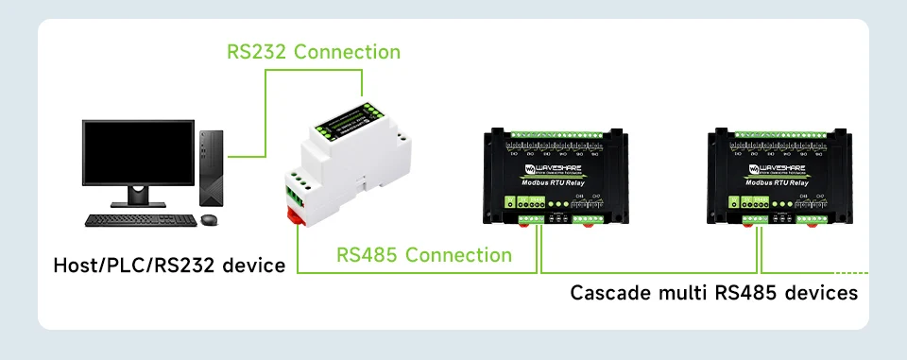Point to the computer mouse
click(x=209, y=220)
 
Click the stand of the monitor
click(x=139, y=196)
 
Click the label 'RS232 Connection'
click(x=314, y=51)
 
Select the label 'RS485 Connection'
click(x=424, y=255)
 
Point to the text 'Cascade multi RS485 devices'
click(x=713, y=292)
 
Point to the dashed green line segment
click(x=846, y=272)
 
